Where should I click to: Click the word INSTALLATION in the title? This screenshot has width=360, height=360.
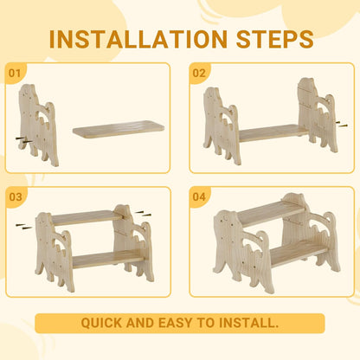138,39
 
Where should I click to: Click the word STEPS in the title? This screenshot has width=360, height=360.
274,39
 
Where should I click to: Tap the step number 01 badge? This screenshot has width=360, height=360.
15,73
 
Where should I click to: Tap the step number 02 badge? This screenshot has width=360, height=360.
199,73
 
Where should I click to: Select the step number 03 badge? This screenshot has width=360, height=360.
16,197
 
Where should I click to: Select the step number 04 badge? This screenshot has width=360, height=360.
199,197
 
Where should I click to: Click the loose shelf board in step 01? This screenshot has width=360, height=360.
119,129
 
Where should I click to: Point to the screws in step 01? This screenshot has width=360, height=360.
24,140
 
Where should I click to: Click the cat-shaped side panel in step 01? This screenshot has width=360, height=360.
38,125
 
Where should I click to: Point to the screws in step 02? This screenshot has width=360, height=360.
341,124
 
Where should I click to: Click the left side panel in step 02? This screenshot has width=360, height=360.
222,125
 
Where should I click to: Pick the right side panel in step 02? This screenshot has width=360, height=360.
318,115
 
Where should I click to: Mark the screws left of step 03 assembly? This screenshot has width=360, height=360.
24,226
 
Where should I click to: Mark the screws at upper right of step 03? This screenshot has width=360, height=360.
143,214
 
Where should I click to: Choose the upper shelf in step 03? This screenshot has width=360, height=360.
87,217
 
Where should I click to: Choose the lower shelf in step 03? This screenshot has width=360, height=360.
108,259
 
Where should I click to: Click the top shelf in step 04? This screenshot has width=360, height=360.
271,212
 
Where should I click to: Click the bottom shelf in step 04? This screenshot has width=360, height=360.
299,253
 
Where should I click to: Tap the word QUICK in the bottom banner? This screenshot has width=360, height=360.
102,323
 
